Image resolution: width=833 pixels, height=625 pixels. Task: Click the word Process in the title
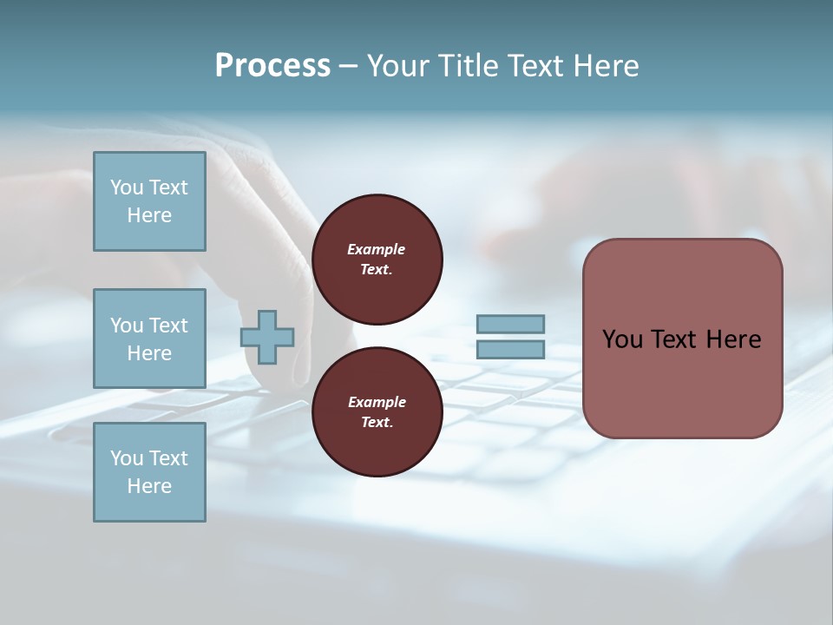click(272, 66)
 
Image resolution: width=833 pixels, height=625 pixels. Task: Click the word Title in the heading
click(466, 66)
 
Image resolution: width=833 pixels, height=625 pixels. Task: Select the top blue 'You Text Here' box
click(149, 201)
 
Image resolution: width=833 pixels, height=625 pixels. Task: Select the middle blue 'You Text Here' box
click(149, 339)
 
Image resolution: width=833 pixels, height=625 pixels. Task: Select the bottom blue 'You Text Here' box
click(149, 472)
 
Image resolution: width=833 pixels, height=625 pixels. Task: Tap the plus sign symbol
click(267, 337)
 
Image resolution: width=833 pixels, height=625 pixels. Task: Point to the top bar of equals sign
click(510, 324)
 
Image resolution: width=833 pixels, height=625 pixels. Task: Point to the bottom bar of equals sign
click(510, 350)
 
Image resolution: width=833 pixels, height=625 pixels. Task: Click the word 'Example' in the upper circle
click(377, 249)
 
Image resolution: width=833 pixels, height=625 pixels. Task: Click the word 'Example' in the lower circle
click(377, 402)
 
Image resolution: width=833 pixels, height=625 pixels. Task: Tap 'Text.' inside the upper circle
click(377, 269)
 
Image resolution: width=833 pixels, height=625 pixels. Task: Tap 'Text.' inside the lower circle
click(377, 422)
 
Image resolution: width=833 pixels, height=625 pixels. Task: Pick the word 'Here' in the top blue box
click(149, 215)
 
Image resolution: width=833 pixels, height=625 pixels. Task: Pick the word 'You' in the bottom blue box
click(127, 458)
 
